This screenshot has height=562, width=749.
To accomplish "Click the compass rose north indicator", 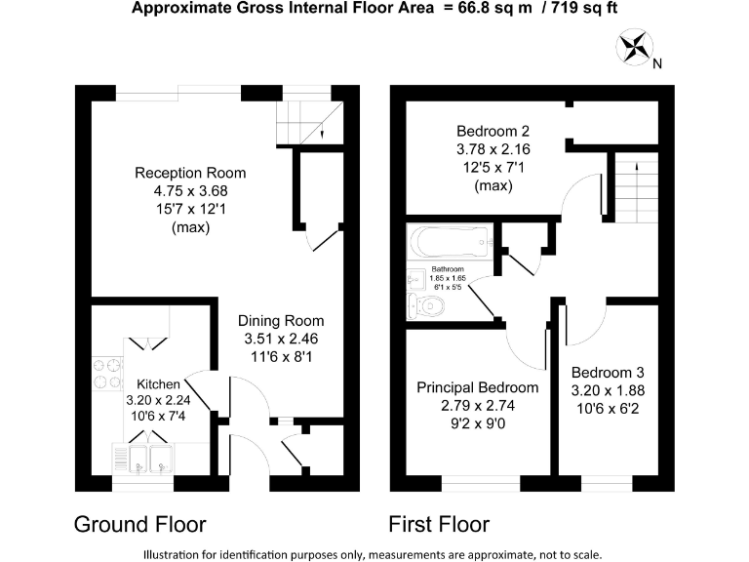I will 635,47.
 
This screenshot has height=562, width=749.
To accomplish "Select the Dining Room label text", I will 282,320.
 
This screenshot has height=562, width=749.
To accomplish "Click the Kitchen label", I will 158,383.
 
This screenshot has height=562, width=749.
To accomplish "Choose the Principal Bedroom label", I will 477,386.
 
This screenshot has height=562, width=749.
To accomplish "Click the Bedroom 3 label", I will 608,373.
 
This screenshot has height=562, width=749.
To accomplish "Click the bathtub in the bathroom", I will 450,240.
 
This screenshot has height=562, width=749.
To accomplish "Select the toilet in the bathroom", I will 430,306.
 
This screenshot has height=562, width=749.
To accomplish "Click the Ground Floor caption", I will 140,524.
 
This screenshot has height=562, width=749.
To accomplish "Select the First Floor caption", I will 439,524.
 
